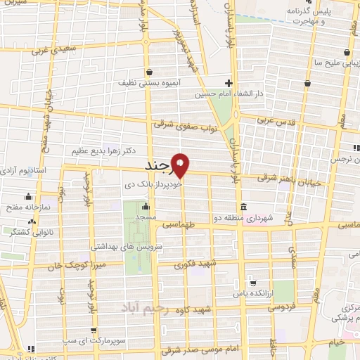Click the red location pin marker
coord(181,166)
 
